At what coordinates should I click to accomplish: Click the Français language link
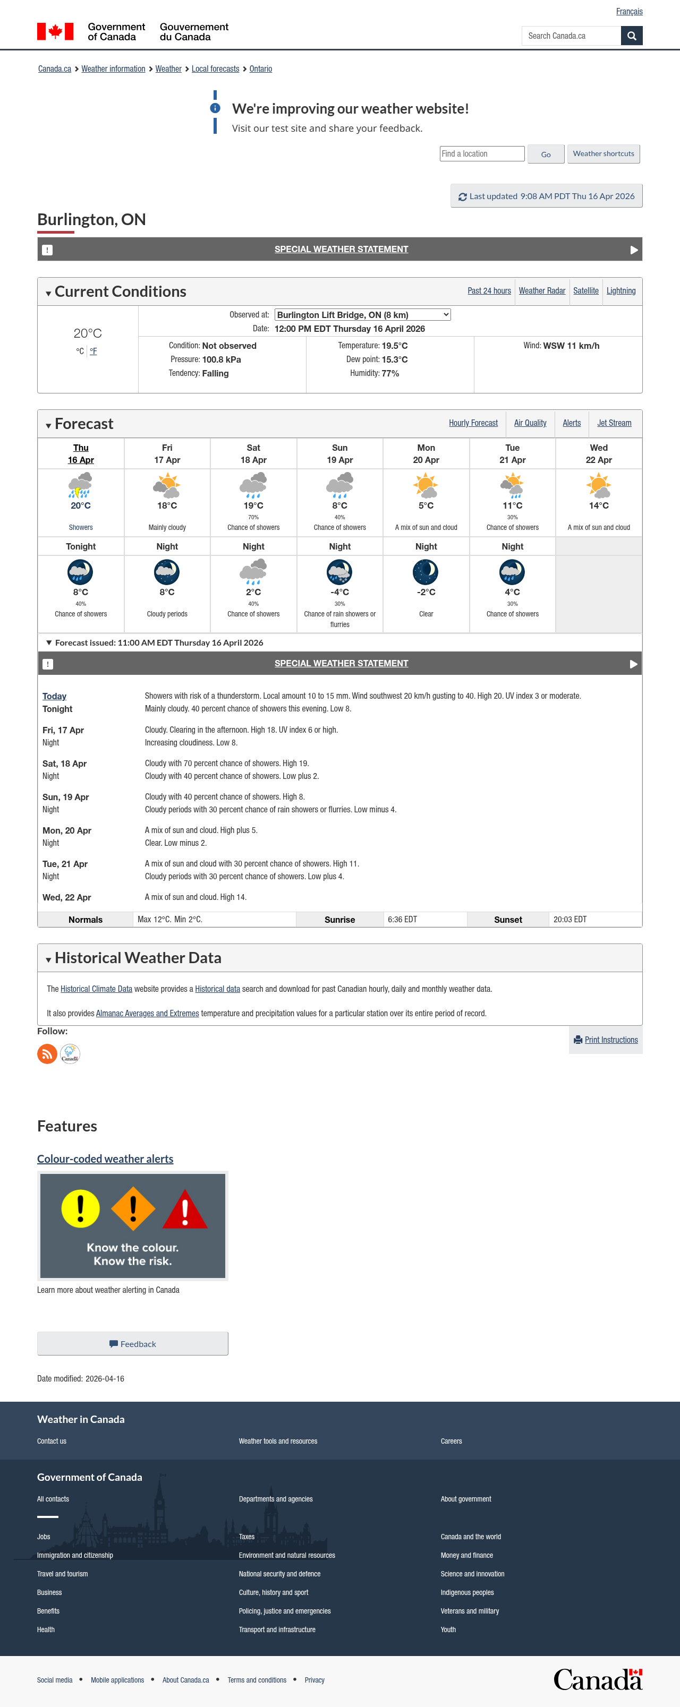pos(628,11)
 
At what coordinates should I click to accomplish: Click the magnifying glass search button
pos(631,36)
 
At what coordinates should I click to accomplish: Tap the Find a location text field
pos(482,154)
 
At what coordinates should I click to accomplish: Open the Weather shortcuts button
pos(603,154)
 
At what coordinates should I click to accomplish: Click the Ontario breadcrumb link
pos(260,69)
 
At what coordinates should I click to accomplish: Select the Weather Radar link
pos(541,291)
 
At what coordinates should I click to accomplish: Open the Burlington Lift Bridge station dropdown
pos(362,315)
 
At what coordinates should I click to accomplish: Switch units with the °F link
pos(93,351)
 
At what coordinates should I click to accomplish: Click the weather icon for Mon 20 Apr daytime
pos(426,486)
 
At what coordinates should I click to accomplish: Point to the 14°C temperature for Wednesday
pos(599,505)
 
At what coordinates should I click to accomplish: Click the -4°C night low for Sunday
pos(339,593)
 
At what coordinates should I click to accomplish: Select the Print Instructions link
pos(610,1040)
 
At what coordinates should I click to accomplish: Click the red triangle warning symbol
pos(185,1210)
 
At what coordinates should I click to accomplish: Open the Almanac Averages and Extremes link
pos(147,1013)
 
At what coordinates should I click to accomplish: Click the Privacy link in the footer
pos(314,1680)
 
